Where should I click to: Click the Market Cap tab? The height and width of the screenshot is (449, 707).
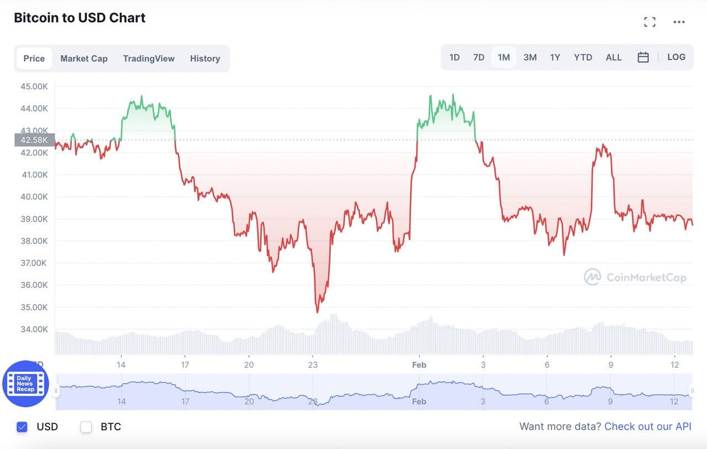click(x=84, y=59)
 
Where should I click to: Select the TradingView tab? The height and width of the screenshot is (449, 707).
click(x=149, y=59)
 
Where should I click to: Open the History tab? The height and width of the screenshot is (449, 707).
click(x=205, y=59)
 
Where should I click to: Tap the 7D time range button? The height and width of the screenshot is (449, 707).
click(x=479, y=57)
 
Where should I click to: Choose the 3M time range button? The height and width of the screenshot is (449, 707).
click(x=530, y=57)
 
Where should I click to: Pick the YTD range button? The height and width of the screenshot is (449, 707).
click(x=583, y=57)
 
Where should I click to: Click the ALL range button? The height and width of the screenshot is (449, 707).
click(x=614, y=57)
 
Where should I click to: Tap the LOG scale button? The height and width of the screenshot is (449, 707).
click(x=676, y=57)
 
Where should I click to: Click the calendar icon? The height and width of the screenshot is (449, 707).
click(x=643, y=57)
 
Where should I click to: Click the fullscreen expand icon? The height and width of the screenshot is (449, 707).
click(x=650, y=22)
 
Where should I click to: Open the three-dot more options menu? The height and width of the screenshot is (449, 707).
click(x=679, y=22)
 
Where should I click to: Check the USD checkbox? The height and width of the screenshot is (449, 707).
click(x=22, y=426)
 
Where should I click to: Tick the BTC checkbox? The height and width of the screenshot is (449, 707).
click(x=86, y=426)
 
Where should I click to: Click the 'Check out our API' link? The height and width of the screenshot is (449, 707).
click(x=648, y=426)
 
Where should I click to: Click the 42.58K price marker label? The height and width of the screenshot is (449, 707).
click(x=34, y=140)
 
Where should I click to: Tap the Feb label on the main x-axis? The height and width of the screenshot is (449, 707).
click(x=419, y=365)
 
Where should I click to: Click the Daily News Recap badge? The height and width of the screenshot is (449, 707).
click(x=25, y=384)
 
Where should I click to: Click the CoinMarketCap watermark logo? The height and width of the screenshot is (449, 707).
click(x=635, y=277)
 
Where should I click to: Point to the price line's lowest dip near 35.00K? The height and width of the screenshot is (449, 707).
click(x=317, y=311)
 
